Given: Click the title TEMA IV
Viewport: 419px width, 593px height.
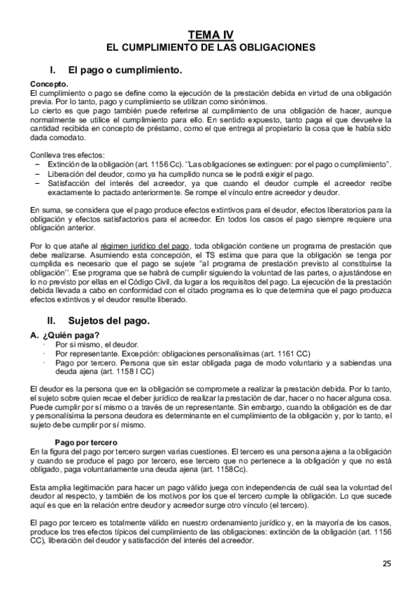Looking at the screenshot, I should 210,34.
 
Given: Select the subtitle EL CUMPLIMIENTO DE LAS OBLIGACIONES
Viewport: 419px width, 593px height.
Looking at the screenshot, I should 210,47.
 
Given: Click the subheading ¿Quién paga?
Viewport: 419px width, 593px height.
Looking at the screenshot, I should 70,336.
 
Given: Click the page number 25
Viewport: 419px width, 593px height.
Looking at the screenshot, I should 387,564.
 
